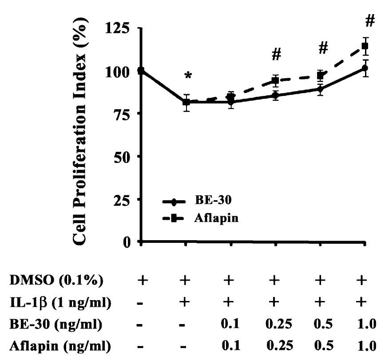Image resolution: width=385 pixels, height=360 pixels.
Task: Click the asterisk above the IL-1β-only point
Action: coord(188,76)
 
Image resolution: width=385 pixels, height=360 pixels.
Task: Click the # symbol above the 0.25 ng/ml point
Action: coord(277,54)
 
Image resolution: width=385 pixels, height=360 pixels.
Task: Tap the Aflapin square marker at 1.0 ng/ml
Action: coord(365,46)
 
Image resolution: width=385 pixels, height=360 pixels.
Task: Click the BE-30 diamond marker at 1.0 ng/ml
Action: coord(365,68)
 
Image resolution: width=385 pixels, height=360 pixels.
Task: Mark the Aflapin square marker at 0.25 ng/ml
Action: coord(276,81)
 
